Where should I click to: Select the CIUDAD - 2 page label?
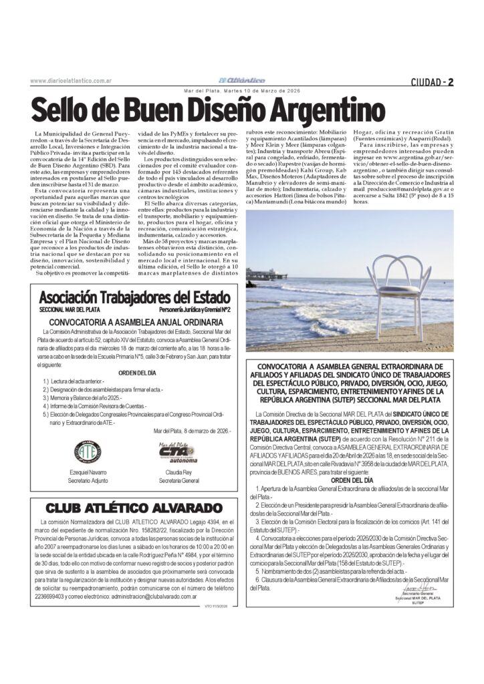click(433, 83)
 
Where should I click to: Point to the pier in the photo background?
click(266, 273)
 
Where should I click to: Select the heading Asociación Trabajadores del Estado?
click(134, 297)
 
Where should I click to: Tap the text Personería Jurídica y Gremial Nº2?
click(195, 310)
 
